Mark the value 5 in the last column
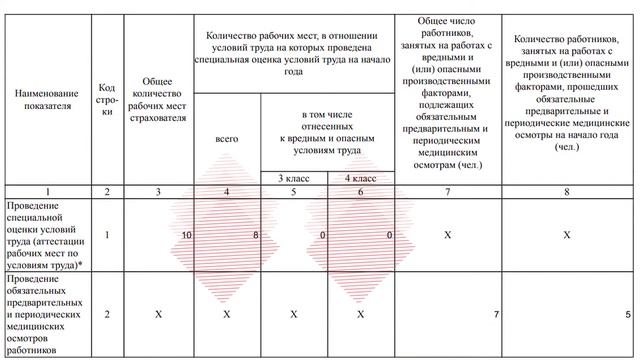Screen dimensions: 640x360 [x=627, y=315]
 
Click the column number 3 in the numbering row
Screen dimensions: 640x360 [x=158, y=190]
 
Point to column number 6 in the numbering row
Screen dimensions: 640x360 [x=361, y=190]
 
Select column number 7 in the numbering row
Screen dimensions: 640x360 [x=452, y=190]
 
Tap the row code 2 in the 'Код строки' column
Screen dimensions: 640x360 [x=107, y=314]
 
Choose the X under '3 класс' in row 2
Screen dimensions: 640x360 [x=293, y=314]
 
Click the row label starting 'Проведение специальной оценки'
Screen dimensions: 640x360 [x=46, y=234]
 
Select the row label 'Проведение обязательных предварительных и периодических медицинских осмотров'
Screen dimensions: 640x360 [x=46, y=314]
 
